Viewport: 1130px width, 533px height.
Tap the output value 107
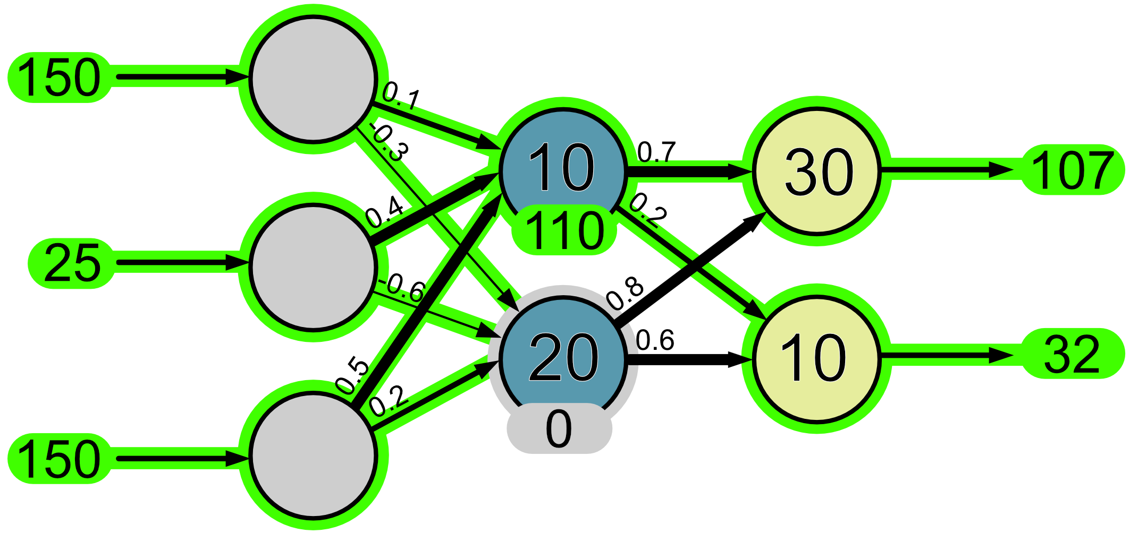point(1072,170)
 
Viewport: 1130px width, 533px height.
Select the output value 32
point(1072,354)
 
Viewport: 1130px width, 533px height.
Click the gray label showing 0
point(559,429)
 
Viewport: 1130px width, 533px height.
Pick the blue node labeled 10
point(562,165)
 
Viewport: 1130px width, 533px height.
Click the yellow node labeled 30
point(817,171)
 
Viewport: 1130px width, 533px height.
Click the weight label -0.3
point(390,143)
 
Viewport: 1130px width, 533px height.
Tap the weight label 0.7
point(656,152)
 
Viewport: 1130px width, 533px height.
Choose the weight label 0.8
point(626,294)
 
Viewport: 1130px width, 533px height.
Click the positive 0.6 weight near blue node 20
point(655,340)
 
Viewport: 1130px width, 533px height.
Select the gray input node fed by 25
point(313,267)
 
